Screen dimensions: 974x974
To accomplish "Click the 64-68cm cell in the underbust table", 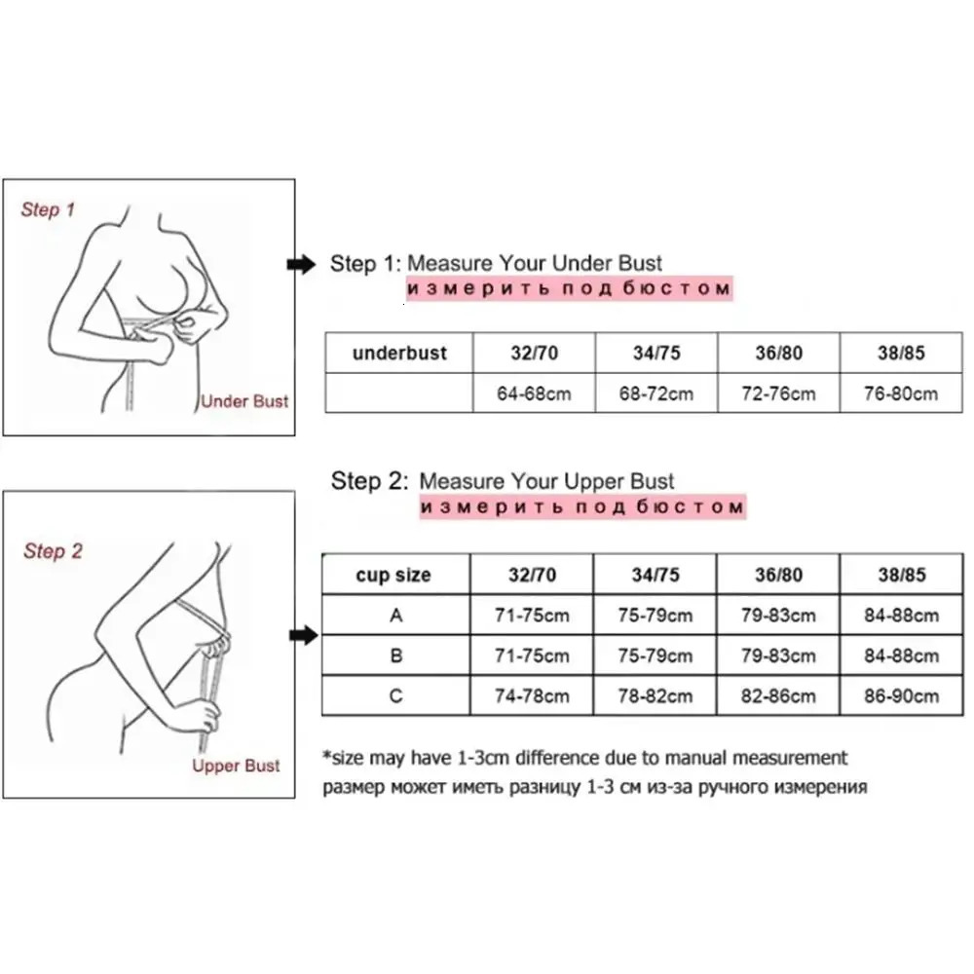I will (x=533, y=393).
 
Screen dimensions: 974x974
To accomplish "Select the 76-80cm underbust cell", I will (x=901, y=393).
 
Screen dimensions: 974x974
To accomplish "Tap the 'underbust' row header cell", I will (x=398, y=353).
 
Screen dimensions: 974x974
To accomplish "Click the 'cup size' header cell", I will (x=394, y=575).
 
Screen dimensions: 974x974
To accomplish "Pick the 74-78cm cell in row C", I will (x=532, y=695).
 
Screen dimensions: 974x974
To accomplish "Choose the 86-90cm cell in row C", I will (x=901, y=695).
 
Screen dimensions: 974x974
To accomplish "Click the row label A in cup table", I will (x=394, y=616).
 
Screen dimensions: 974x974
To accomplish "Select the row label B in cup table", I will (x=394, y=656).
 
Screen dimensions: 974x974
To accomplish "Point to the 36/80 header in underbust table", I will (x=778, y=353).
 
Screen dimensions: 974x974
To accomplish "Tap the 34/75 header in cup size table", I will (x=656, y=575).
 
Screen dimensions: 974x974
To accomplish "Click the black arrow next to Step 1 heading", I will (x=303, y=264).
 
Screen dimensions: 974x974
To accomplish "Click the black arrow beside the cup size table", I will (x=306, y=636).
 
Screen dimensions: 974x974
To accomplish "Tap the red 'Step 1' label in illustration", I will (x=48, y=209).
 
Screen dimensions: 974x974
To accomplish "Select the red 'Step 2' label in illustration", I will (x=54, y=551).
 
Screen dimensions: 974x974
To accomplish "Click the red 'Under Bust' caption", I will (x=244, y=400).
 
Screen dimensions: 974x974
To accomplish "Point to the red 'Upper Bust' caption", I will (x=236, y=766).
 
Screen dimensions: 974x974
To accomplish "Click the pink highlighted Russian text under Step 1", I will (x=568, y=289).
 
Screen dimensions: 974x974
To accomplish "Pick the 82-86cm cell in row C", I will (x=778, y=695).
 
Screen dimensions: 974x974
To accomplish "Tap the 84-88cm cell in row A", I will (x=901, y=616).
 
